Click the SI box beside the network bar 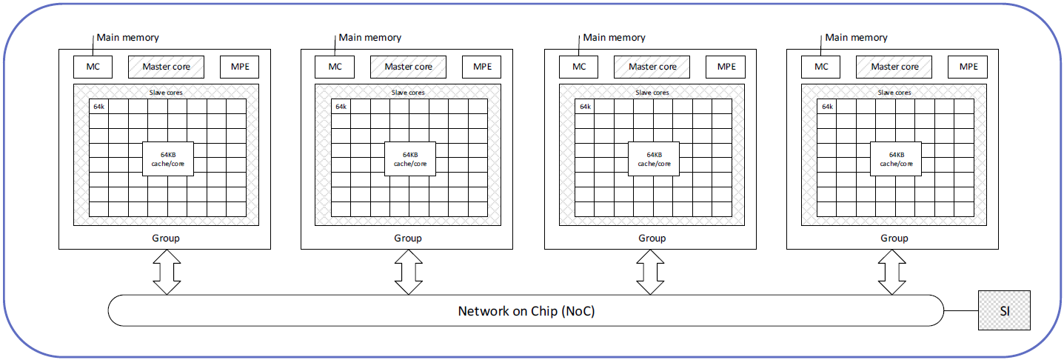1004,310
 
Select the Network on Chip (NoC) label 526,311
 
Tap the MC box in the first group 93,67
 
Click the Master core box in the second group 409,67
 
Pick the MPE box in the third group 726,67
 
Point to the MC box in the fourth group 821,67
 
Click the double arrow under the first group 167,272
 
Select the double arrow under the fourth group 892,272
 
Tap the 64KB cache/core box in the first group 167,159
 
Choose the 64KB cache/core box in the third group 654,159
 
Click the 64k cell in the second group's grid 341,107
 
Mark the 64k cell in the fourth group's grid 827,107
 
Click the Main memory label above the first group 128,38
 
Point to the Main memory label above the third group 614,38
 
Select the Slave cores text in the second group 408,93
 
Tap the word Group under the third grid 652,239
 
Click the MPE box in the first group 240,67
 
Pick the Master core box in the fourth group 894,67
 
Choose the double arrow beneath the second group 409,272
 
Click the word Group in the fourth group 894,239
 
